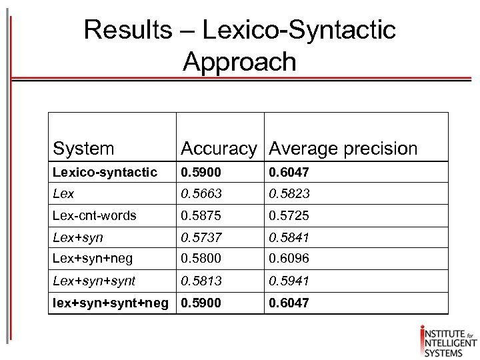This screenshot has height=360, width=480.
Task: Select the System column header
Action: coord(83,148)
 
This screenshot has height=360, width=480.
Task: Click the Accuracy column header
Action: coord(218,148)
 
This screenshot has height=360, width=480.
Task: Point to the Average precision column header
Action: coord(343,148)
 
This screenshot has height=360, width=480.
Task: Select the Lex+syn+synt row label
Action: coord(94,280)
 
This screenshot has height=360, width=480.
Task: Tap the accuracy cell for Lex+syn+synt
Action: coord(201,280)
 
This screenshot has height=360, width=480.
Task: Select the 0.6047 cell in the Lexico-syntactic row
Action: coord(290,173)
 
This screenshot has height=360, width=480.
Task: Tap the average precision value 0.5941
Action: coord(290,280)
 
